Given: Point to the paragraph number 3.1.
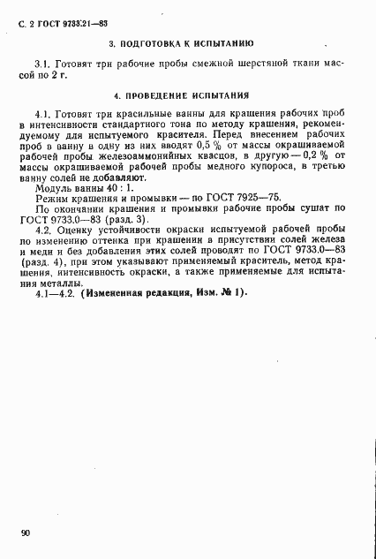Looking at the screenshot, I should click(41, 64).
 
